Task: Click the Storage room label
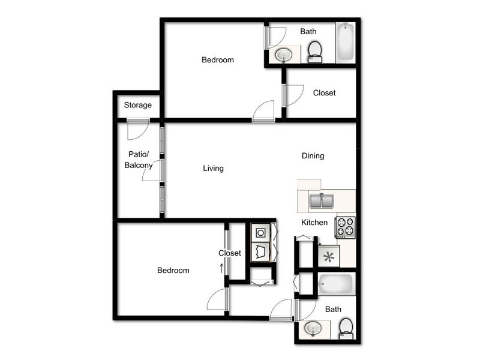pos(138,105)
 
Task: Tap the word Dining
pos(313,156)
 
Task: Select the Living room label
pos(214,169)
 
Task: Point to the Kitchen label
pos(314,222)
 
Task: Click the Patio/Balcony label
pos(139,160)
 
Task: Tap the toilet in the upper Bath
pos(314,52)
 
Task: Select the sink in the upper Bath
pos(284,55)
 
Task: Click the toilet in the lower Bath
pos(346,329)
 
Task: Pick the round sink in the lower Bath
pos(313,329)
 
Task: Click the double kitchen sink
pos(321,201)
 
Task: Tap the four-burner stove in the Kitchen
pos(346,227)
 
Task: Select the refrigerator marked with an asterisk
pos(329,256)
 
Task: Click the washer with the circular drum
pos(260,233)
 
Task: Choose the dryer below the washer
pos(260,252)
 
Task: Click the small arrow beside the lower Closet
pos(221,268)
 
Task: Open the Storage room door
pos(139,129)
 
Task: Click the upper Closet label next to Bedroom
pos(324,93)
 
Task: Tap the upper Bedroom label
pos(218,59)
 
